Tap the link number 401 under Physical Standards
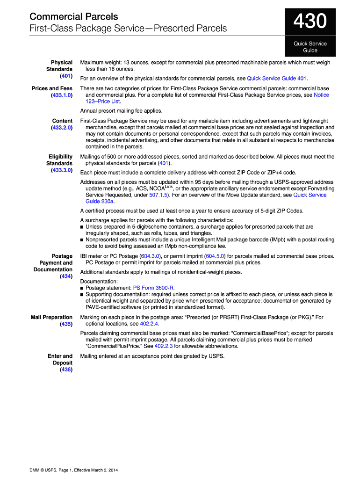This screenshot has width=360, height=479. click(65, 76)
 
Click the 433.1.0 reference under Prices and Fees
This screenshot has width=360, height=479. click(62, 95)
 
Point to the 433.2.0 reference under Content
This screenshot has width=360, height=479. click(62, 127)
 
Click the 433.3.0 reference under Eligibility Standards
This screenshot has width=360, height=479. click(62, 170)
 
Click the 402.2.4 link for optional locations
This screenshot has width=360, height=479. click(149, 324)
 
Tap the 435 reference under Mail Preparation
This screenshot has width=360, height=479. click(66, 324)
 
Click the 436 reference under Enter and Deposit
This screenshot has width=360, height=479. click(66, 370)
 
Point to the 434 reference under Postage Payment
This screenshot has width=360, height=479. click(66, 276)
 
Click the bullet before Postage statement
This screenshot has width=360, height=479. click(82, 288)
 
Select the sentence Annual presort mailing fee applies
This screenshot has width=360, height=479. click(121, 111)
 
